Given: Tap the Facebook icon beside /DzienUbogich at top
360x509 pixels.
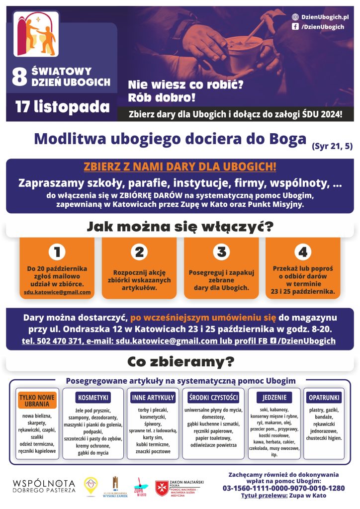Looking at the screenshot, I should [295, 27].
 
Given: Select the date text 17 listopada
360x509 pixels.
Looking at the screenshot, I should [62, 107].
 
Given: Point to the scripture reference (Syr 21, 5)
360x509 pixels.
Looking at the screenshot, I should [332, 146].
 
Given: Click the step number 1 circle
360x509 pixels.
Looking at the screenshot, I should [57, 253].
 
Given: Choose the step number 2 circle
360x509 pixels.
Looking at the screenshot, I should [139, 253].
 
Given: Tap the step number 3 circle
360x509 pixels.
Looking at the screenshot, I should [221, 253].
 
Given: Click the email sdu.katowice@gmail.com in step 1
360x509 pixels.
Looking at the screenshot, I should [57, 292].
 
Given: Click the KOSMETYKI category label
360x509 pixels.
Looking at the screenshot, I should [93, 398].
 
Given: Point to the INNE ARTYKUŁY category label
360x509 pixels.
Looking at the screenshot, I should [153, 398].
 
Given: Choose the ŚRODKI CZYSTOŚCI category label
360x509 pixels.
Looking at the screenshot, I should [214, 398].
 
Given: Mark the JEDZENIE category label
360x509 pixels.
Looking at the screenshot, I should [274, 398].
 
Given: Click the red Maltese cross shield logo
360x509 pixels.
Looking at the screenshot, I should [162, 488].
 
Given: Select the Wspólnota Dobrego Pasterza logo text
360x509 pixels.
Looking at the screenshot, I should [44, 486].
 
